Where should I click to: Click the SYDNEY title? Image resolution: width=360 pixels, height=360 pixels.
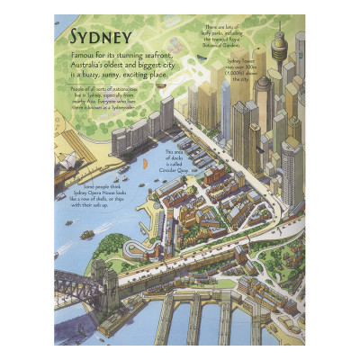100,37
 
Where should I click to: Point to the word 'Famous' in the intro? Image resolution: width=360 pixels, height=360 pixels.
83,56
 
